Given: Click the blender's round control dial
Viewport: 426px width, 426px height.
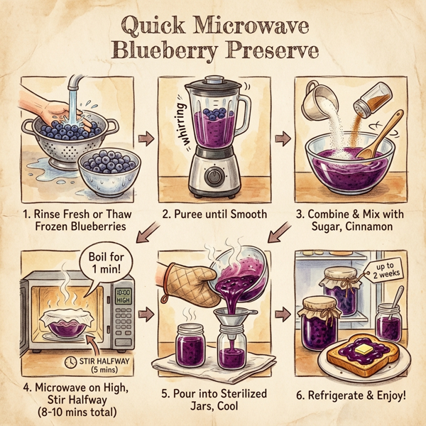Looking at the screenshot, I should click(x=214, y=175).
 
